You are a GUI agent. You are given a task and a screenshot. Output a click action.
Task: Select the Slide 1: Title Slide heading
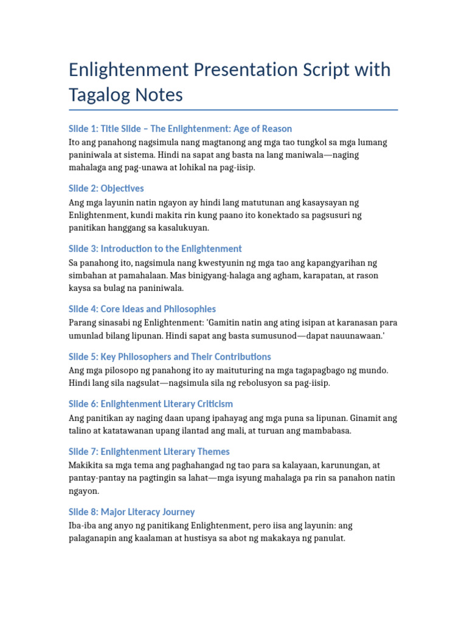click(180, 129)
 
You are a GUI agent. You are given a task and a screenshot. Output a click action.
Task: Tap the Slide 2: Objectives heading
click(106, 188)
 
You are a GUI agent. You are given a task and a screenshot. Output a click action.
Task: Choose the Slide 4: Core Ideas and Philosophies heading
click(142, 309)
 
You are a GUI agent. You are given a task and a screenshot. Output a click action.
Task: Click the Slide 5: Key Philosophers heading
click(170, 357)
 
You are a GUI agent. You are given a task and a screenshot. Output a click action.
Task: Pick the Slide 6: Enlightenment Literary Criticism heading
click(151, 404)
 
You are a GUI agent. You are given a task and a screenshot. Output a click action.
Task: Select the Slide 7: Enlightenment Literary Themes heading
click(149, 451)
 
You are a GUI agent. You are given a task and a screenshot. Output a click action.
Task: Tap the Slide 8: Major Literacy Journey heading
click(131, 511)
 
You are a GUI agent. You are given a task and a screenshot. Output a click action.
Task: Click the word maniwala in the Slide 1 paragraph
click(302, 155)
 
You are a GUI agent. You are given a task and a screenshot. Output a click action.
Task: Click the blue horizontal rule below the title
click(233, 110)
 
